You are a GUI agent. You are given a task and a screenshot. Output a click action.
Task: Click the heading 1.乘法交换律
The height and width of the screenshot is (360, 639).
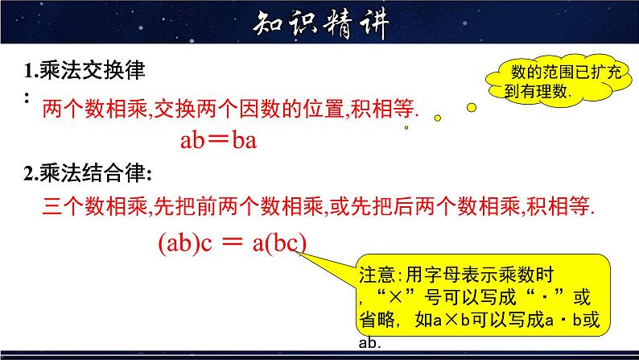click(85, 71)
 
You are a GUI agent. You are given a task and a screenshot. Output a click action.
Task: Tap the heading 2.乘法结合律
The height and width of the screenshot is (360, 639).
click(88, 172)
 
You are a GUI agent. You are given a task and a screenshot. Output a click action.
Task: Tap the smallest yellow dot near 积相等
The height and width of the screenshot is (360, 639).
click(406, 127)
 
